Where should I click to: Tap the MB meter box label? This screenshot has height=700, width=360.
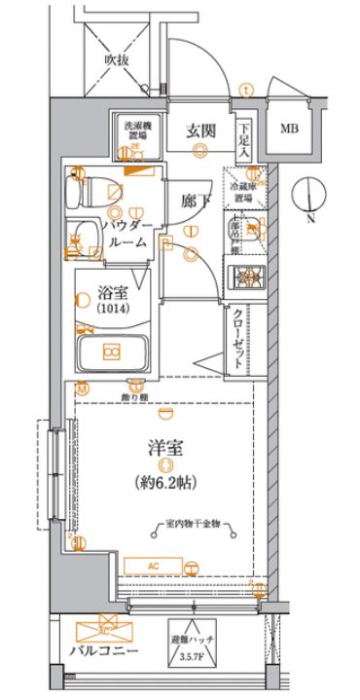coord(290,129)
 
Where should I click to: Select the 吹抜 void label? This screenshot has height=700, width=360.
coord(118,60)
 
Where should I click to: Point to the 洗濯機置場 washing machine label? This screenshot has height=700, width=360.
coord(134,130)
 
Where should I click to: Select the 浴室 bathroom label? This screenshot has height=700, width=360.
coord(110,291)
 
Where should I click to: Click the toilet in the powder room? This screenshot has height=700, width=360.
coord(94,192)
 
